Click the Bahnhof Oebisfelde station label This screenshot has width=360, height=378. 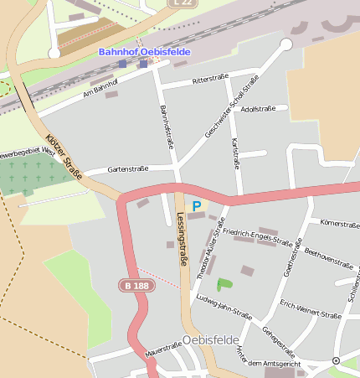(144, 52)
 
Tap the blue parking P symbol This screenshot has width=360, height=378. (197, 205)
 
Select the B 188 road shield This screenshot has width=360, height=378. (136, 286)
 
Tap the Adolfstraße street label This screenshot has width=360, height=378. (258, 109)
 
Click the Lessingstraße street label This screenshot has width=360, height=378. (182, 239)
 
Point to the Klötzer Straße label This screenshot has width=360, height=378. (64, 156)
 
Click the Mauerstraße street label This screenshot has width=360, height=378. (163, 347)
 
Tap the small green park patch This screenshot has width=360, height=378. (224, 284)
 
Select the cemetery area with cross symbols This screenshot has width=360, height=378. (33, 173)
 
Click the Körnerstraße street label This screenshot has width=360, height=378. (340, 224)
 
